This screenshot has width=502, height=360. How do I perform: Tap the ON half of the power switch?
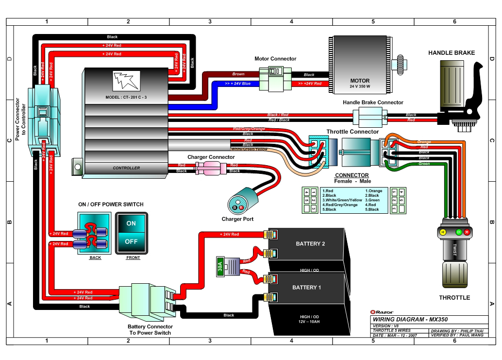[131, 223]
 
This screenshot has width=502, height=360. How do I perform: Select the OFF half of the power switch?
[131, 241]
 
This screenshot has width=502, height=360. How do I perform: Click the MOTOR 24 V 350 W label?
[360, 83]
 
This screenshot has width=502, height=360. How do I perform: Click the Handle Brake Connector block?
[369, 117]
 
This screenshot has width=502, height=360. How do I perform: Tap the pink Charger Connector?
[210, 168]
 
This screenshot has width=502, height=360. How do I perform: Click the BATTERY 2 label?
[310, 243]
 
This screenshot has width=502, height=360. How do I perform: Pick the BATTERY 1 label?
[306, 288]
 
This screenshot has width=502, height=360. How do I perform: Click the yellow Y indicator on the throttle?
[442, 232]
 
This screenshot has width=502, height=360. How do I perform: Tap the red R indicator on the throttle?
[467, 232]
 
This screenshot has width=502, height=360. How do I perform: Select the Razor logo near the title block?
[382, 312]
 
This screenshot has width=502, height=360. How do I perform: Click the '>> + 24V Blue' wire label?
[238, 84]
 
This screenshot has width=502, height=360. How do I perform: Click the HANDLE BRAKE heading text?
[451, 52]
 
